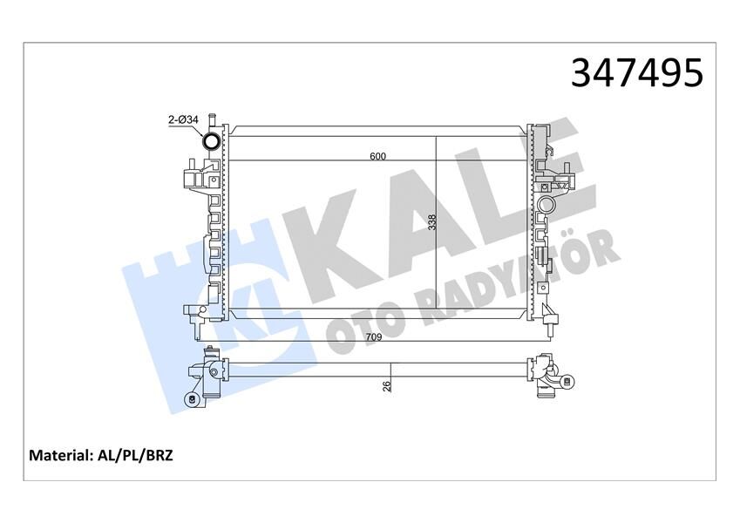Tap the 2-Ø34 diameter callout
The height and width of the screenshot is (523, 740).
pos(185,121)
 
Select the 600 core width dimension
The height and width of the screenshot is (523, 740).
pos(377,157)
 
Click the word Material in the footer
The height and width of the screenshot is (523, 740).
pos(60,456)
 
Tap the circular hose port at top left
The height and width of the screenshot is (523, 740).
pos(211,142)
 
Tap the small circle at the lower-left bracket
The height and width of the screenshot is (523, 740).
pos(190,399)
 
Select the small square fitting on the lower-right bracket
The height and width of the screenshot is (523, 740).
pos(567,380)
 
